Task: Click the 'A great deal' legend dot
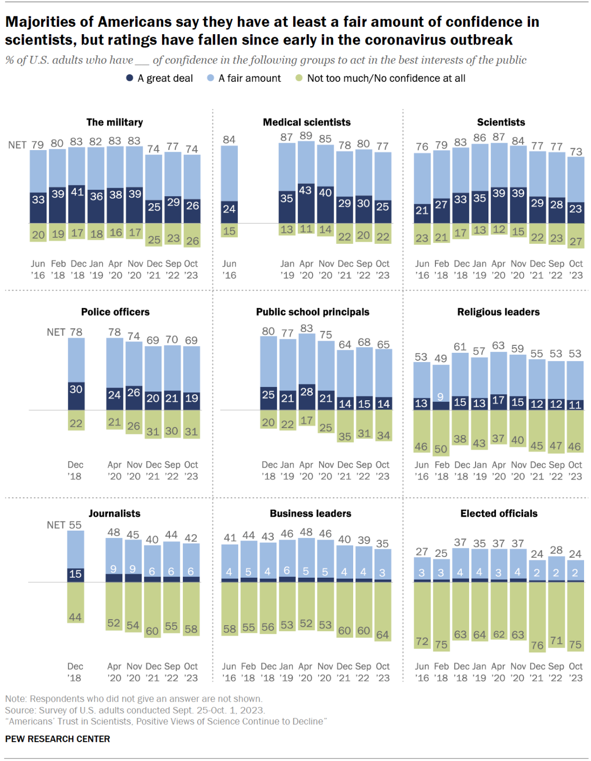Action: (x=130, y=78)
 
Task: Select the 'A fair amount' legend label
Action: (x=249, y=78)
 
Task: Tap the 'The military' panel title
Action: (x=114, y=122)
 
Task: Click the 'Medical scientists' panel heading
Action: (x=307, y=122)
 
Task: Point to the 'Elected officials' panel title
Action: (x=499, y=513)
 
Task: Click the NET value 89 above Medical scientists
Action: (x=306, y=136)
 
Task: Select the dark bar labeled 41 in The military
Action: (x=77, y=204)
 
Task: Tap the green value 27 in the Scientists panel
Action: (x=576, y=241)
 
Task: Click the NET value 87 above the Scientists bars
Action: (x=499, y=137)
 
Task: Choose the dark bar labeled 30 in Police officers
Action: (x=76, y=395)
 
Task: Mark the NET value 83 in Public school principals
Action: (x=307, y=328)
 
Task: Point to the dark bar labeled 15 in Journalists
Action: (x=75, y=574)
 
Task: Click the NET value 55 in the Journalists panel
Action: (x=75, y=525)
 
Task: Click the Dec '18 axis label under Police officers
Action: (x=75, y=470)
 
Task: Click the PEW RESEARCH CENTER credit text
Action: (x=57, y=739)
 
